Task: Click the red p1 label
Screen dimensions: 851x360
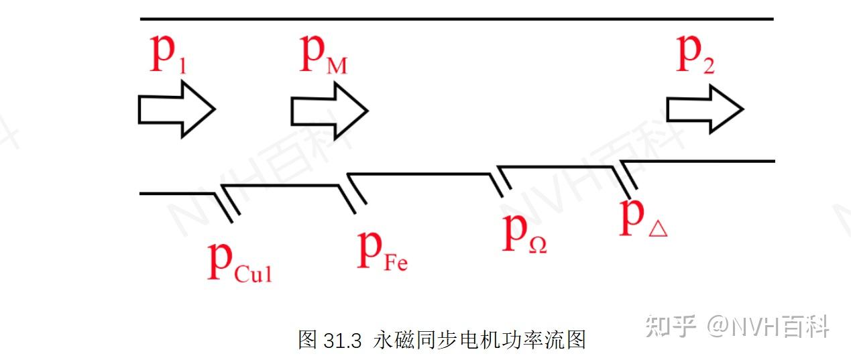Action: coord(168,56)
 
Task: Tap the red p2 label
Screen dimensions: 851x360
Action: coord(695,55)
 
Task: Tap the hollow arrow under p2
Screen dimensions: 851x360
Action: coord(704,109)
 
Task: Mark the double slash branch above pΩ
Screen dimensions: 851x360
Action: coord(500,182)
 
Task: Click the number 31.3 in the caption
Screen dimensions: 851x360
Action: coord(343,340)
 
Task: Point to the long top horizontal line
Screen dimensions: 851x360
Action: coord(456,19)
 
